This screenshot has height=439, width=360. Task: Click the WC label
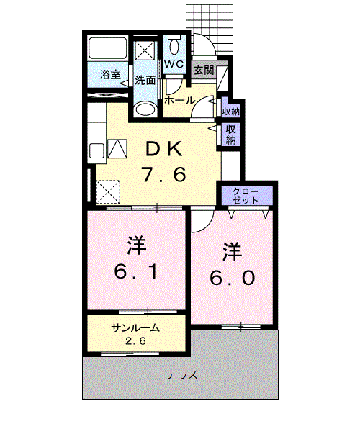[x=174, y=65]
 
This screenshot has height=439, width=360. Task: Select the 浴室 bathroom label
[x=109, y=74]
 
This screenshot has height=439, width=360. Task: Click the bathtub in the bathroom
[x=107, y=50]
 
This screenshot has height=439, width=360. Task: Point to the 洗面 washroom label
[x=145, y=80]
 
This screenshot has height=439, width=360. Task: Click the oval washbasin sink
[x=145, y=110]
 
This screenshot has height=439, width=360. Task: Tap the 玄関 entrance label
[x=203, y=70]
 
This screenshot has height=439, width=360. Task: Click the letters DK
[x=166, y=148]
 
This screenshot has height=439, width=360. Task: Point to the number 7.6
[x=166, y=175]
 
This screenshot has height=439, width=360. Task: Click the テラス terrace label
[x=181, y=375]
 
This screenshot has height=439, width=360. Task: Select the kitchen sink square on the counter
[x=96, y=151]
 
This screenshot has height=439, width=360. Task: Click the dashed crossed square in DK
[x=109, y=191]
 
